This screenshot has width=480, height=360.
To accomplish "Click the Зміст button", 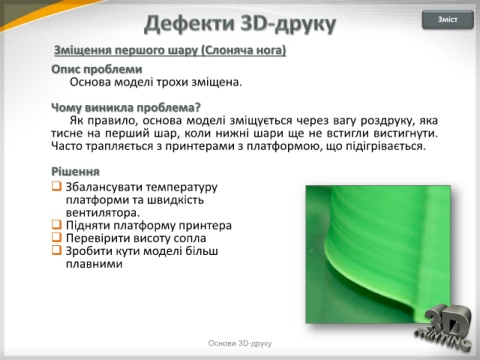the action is tap(448, 20).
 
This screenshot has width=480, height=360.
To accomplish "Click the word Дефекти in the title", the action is tap(189, 24).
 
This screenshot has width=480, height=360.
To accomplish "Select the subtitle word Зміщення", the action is tap(83, 50).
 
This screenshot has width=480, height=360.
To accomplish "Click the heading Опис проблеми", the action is tap(97, 69).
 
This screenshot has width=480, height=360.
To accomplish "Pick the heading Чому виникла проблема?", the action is tap(126, 108).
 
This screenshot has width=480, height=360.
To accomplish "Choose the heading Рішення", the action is tap(75, 172).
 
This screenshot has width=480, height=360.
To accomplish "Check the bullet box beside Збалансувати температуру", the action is tap(57, 186).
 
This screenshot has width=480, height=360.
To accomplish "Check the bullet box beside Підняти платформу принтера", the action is tap(57, 224).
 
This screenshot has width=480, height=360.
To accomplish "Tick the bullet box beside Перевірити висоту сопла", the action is tap(57, 237).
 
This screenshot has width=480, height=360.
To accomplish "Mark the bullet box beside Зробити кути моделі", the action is tap(57, 250).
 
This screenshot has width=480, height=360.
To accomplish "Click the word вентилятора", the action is tap(103, 212).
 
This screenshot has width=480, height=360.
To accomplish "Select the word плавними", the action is tap(94, 264).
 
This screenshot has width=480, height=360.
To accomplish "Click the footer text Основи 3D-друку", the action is tap(240, 343).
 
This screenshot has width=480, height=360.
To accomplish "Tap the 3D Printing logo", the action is tap(445, 328).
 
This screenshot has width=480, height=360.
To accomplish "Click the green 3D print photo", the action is tap(378, 254).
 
